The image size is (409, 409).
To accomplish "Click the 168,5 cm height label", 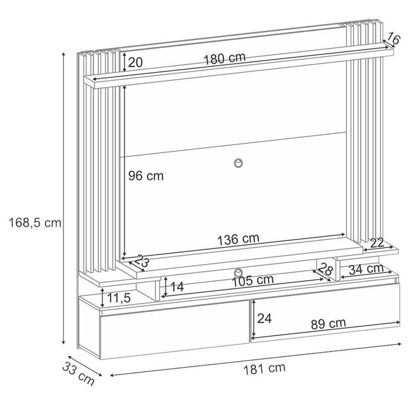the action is (x=35, y=223).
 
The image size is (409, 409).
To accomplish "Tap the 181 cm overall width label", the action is (x=264, y=369).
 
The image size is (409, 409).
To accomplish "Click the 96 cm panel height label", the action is (x=146, y=176).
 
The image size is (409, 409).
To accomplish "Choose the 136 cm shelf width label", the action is (x=238, y=239).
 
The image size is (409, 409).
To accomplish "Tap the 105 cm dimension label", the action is (x=252, y=281).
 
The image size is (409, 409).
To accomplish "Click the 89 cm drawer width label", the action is (x=328, y=324).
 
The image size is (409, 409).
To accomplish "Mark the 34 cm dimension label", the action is (x=366, y=270).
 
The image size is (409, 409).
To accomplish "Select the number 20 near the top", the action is (x=135, y=63).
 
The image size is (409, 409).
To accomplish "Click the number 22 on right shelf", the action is (x=377, y=243).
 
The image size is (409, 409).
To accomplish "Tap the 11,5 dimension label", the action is (x=119, y=298).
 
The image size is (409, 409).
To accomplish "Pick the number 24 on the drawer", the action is (x=265, y=318).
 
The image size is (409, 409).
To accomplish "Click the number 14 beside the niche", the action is (x=177, y=287).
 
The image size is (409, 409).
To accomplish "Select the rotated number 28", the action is (x=326, y=269).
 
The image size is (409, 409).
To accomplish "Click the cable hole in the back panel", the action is (x=238, y=163).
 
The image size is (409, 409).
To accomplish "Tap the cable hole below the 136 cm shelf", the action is (x=238, y=272).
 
